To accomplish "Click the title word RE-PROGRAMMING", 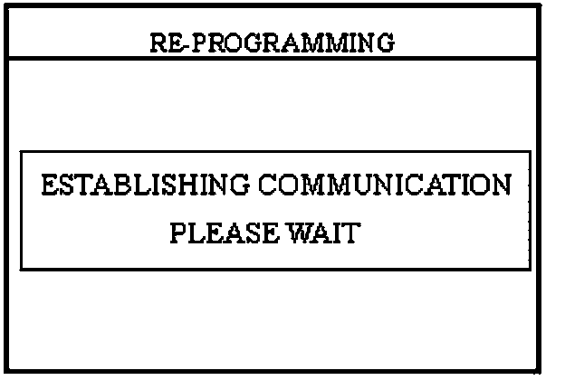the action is pos(272,43).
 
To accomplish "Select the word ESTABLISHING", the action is pos(145,187).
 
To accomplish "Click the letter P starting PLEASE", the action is pos(178,233).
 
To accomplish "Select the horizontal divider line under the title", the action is pos(272,59).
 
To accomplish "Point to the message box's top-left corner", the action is pos(21,154).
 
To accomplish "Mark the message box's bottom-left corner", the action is pos(21,269).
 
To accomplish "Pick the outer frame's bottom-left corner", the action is pos(5,370).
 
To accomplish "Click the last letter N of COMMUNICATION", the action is pos(500,187).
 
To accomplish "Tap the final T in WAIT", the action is pos(352,233).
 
